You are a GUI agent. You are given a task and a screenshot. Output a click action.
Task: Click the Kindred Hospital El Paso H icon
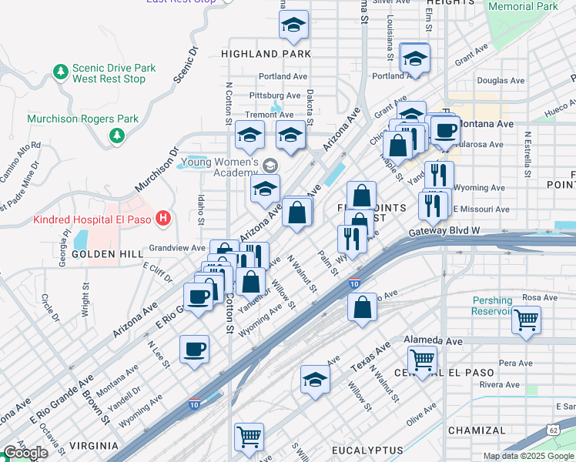(162, 219)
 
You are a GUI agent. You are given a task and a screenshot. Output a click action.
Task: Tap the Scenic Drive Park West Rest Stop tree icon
(60, 72)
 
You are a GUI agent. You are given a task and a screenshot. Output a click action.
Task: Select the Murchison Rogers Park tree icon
(117, 136)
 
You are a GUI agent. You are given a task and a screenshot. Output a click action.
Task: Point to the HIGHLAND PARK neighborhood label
(266, 54)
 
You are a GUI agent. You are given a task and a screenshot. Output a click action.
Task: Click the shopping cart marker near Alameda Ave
(422, 360)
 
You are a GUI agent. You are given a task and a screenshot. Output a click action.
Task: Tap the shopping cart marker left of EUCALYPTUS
(249, 437)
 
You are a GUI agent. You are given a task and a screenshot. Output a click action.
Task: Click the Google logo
(25, 454)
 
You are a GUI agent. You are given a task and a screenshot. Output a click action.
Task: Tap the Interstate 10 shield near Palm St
(353, 283)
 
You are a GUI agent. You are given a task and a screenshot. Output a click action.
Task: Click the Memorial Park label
(522, 6)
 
